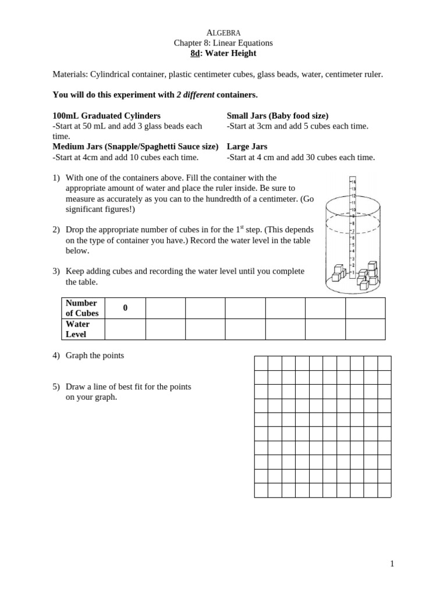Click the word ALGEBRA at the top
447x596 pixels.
[223, 33]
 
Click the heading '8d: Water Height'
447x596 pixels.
[223, 53]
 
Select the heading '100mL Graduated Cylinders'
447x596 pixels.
[107, 116]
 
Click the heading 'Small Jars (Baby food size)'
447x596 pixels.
[278, 116]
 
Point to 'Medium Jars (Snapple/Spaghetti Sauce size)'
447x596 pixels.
[136, 147]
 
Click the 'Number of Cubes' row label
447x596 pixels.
[82, 308]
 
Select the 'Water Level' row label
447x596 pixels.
[77, 329]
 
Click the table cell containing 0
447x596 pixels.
[125, 308]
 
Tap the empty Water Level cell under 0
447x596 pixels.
[125, 329]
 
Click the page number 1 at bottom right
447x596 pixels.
[392, 563]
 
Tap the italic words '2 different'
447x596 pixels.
[196, 94]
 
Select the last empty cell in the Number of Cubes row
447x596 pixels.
[365, 308]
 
